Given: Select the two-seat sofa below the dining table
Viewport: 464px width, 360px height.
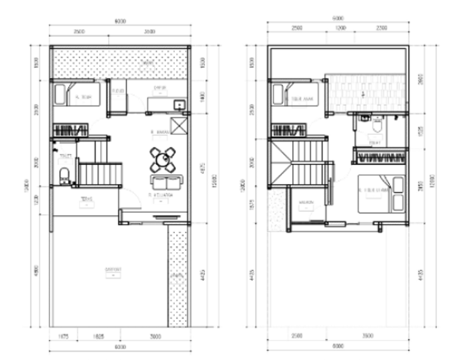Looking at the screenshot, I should coord(166,183).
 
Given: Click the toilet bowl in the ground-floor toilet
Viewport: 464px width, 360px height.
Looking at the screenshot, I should coord(64,175).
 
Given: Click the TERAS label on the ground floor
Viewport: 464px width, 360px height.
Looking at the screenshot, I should coord(86,199).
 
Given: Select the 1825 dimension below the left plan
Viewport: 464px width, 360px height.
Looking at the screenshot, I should coord(99,337).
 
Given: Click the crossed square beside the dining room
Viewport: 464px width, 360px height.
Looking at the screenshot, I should coord(178,125).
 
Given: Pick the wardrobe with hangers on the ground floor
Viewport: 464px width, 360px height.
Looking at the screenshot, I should coord(70,130).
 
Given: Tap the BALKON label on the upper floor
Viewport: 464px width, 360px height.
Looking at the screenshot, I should coord(306,202).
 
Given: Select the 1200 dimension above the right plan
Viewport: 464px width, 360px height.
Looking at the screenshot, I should coord(340,28).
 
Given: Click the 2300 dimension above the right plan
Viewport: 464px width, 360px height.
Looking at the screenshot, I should coord(381,28).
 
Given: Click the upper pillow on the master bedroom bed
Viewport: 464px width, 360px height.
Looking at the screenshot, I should coord(398,185).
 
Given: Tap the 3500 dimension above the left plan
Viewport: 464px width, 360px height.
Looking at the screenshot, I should coord(150,32).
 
